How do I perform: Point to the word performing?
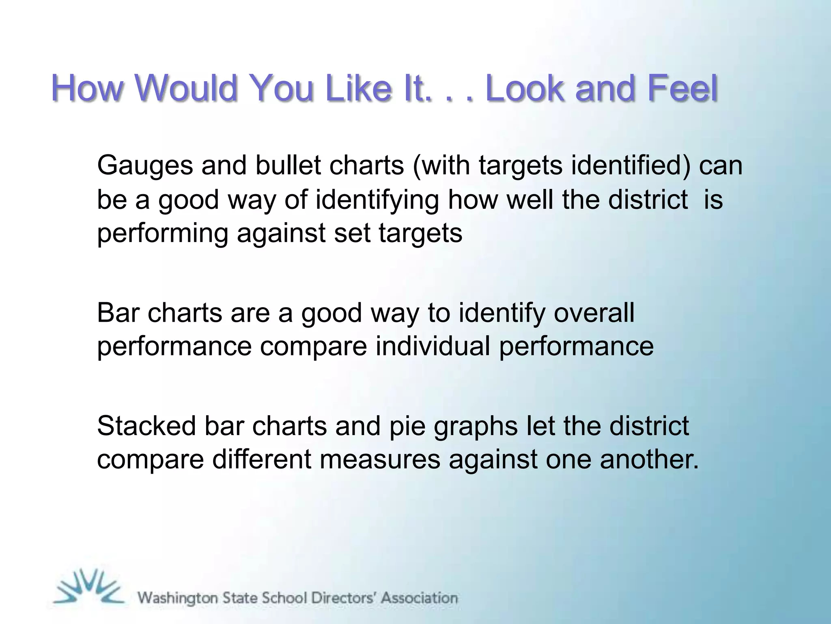[x=162, y=234]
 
